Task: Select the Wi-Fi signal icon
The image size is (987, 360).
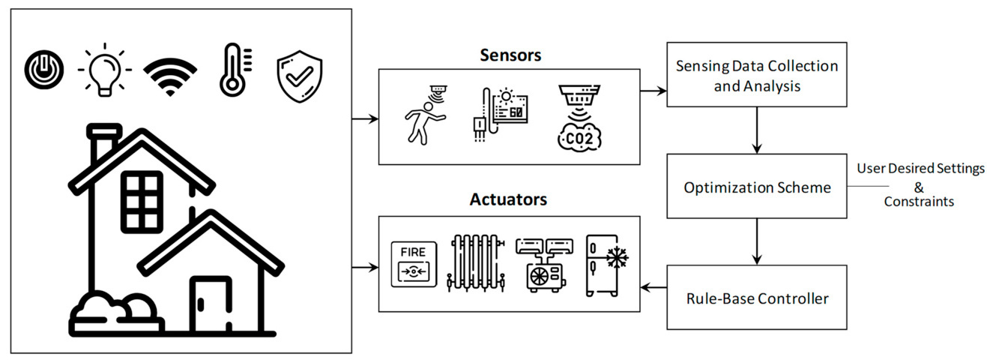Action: click(170, 76)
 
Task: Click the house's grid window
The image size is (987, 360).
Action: click(142, 201)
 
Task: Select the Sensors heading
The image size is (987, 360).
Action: click(510, 55)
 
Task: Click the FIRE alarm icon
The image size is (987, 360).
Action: click(414, 263)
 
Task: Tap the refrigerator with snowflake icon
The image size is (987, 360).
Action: click(606, 263)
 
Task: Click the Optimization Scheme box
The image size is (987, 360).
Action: click(757, 187)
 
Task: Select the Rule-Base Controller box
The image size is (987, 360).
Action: click(757, 298)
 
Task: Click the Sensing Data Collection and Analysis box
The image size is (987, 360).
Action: click(757, 76)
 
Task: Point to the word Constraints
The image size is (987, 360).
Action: click(919, 202)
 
